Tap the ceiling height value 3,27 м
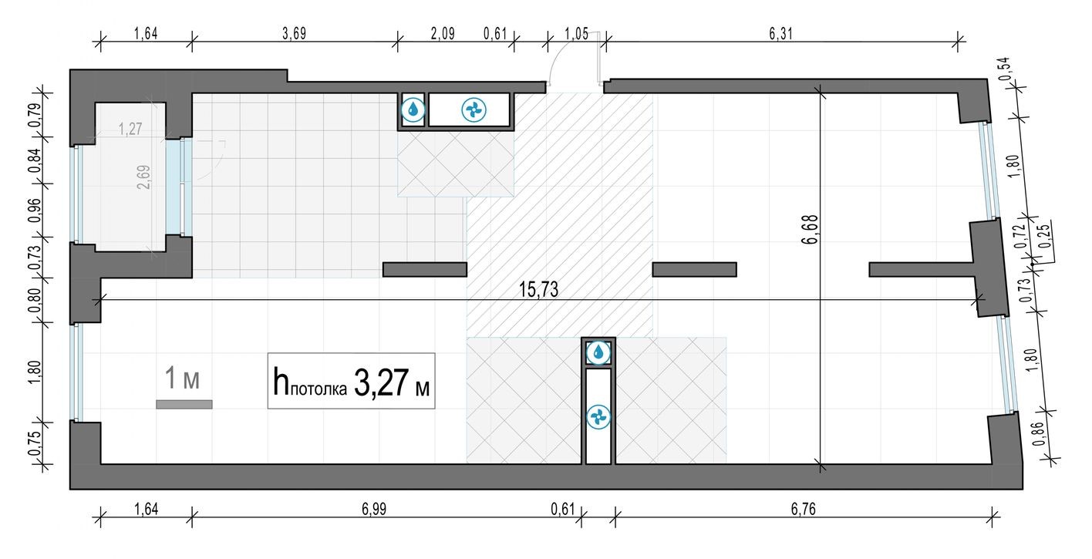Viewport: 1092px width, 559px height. click(392, 382)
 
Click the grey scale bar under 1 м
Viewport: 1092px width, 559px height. click(184, 403)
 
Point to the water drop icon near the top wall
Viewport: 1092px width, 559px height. click(413, 109)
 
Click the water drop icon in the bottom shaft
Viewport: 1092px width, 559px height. click(598, 353)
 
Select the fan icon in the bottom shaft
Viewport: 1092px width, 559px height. click(598, 417)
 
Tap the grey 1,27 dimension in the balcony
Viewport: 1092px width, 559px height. click(132, 129)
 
